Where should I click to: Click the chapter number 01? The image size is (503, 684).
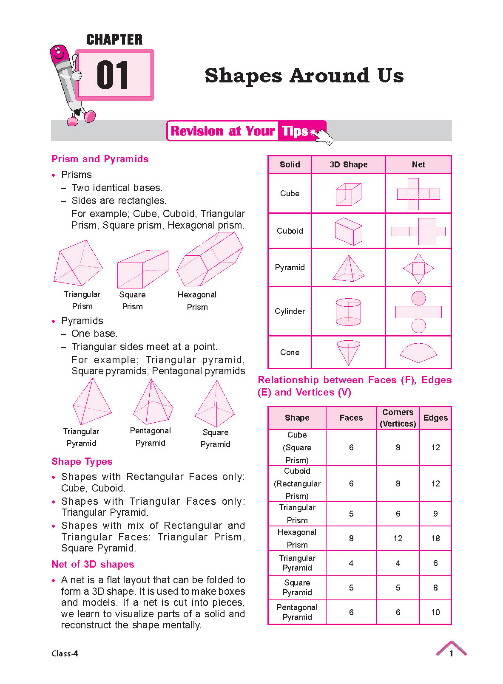pos(113,75)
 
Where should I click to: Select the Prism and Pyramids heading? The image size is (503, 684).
pos(100,159)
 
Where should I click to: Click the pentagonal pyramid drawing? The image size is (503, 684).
pos(153,402)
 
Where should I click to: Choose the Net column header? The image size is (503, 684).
pos(418,164)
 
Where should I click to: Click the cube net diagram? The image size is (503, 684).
pos(418,194)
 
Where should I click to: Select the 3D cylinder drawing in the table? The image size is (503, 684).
pos(348,311)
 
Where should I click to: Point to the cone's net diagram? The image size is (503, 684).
pos(418,353)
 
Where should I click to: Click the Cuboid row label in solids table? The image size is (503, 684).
pos(290,231)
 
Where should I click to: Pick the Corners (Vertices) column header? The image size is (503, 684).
pos(398,418)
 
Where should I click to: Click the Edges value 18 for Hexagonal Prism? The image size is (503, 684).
pos(435,538)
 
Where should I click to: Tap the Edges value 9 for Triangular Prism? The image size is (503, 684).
pos(435,514)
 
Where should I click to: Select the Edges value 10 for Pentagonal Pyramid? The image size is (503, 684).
pos(435,612)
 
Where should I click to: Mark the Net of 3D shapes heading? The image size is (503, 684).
pos(93,564)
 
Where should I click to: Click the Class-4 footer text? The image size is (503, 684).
pos(65,653)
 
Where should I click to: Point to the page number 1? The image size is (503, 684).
pos(451,653)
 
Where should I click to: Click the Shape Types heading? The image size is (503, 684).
pos(82,461)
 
